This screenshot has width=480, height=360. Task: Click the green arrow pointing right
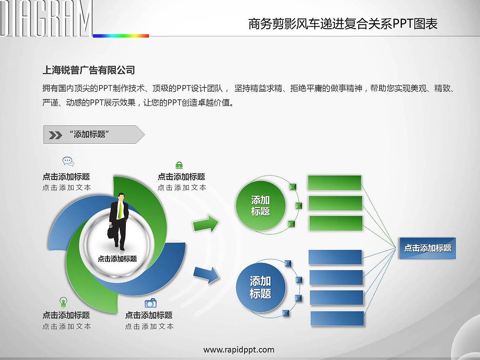[x=205, y=223]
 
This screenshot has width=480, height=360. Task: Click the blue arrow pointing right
[x=206, y=275]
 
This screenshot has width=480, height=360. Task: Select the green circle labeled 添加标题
[x=261, y=205]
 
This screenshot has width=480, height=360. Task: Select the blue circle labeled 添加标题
[x=261, y=287]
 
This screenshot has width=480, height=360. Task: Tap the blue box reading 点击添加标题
[x=428, y=248]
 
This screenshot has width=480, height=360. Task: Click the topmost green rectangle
[x=334, y=183]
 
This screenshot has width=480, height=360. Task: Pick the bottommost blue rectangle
[x=337, y=318]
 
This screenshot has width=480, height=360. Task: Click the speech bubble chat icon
[x=68, y=162]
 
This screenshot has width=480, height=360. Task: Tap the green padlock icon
[x=179, y=165]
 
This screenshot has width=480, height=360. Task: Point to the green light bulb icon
[x=63, y=302]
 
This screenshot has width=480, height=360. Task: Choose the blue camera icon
[x=151, y=303]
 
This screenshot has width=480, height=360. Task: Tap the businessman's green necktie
[x=120, y=210]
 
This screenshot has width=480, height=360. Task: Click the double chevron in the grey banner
[x=55, y=135]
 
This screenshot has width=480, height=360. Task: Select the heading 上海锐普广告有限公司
[x=88, y=70]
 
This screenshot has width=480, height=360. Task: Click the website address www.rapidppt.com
[x=239, y=349]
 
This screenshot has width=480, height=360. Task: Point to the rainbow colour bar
[x=121, y=36]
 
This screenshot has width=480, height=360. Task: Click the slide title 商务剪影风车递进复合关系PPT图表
[x=343, y=24]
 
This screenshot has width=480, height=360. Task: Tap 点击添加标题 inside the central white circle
[x=117, y=259]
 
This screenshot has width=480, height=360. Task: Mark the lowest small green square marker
[x=291, y=224]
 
